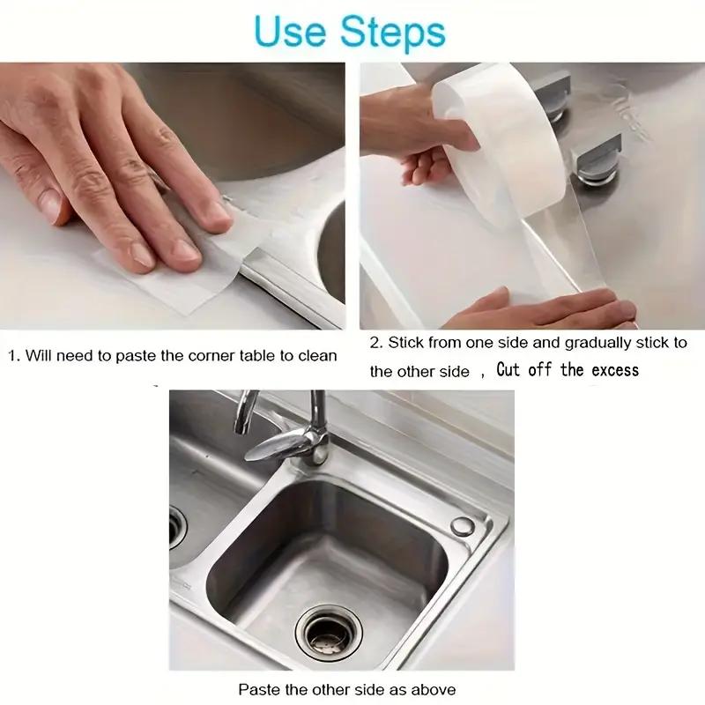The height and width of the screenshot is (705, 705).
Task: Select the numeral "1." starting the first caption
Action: (x=14, y=355)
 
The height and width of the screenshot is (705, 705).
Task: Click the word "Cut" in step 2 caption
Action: (x=508, y=369)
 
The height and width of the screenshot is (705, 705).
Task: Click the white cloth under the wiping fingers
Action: (x=167, y=264)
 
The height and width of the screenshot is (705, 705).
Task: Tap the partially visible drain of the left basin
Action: (x=177, y=529)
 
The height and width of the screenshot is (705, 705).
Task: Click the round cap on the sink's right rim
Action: (x=463, y=526)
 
